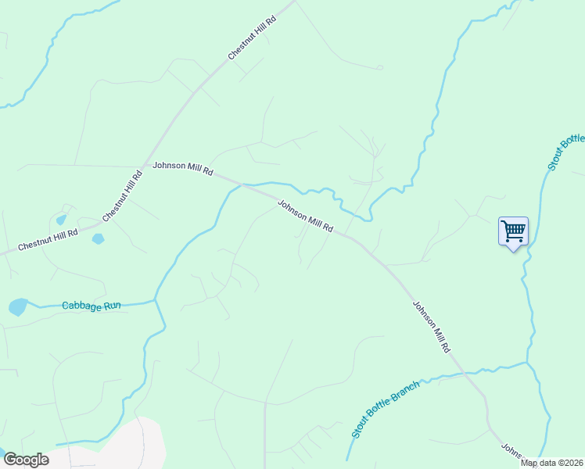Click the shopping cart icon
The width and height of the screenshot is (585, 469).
pos(513,231)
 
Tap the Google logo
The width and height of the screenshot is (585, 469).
pos(26,459)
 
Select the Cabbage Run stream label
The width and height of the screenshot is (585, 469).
pos(92,306)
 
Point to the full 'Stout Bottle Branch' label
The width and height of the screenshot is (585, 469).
pos(386,409)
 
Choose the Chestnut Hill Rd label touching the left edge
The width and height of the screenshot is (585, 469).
pos(48,239)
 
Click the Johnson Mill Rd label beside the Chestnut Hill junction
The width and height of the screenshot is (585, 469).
pos(183,168)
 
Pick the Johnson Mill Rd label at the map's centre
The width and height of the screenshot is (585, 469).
pos(306,217)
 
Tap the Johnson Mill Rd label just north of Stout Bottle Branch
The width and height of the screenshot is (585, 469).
pos(432,327)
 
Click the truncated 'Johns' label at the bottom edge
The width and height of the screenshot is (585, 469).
pos(511,452)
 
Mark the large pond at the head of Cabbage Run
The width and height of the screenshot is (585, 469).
pos(18,306)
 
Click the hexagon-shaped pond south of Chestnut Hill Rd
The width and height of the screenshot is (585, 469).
pos(98,238)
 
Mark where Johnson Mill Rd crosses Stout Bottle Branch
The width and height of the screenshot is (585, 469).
pos(469,373)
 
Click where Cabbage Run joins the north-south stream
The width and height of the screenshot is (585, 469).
pos(156,299)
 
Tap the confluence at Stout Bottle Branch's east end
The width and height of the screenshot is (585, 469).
pos(528,363)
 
